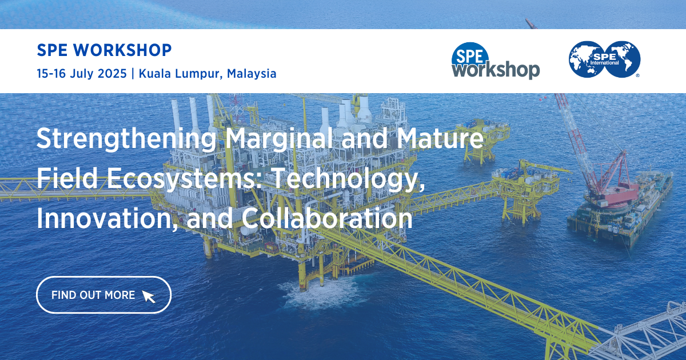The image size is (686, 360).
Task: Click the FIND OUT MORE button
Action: (103, 295)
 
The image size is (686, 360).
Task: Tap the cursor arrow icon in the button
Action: (149, 296)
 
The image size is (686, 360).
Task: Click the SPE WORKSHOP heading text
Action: (103, 50)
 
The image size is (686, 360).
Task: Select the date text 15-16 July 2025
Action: (81, 73)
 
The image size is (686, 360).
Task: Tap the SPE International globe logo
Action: (604, 59)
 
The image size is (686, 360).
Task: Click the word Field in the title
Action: (61, 179)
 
